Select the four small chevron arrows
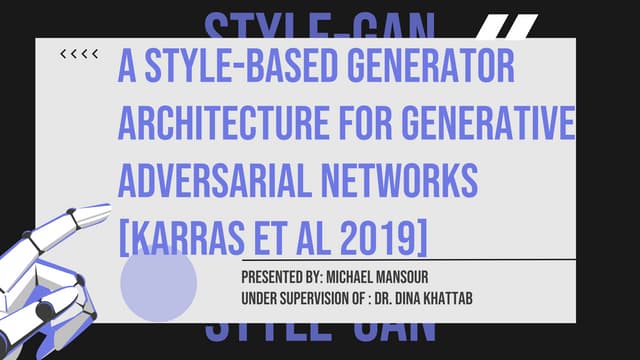(x=79, y=54)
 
